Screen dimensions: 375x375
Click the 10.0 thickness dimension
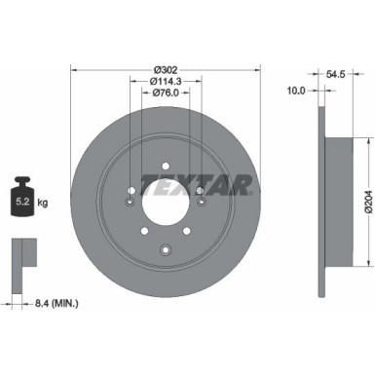tap(297, 91)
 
